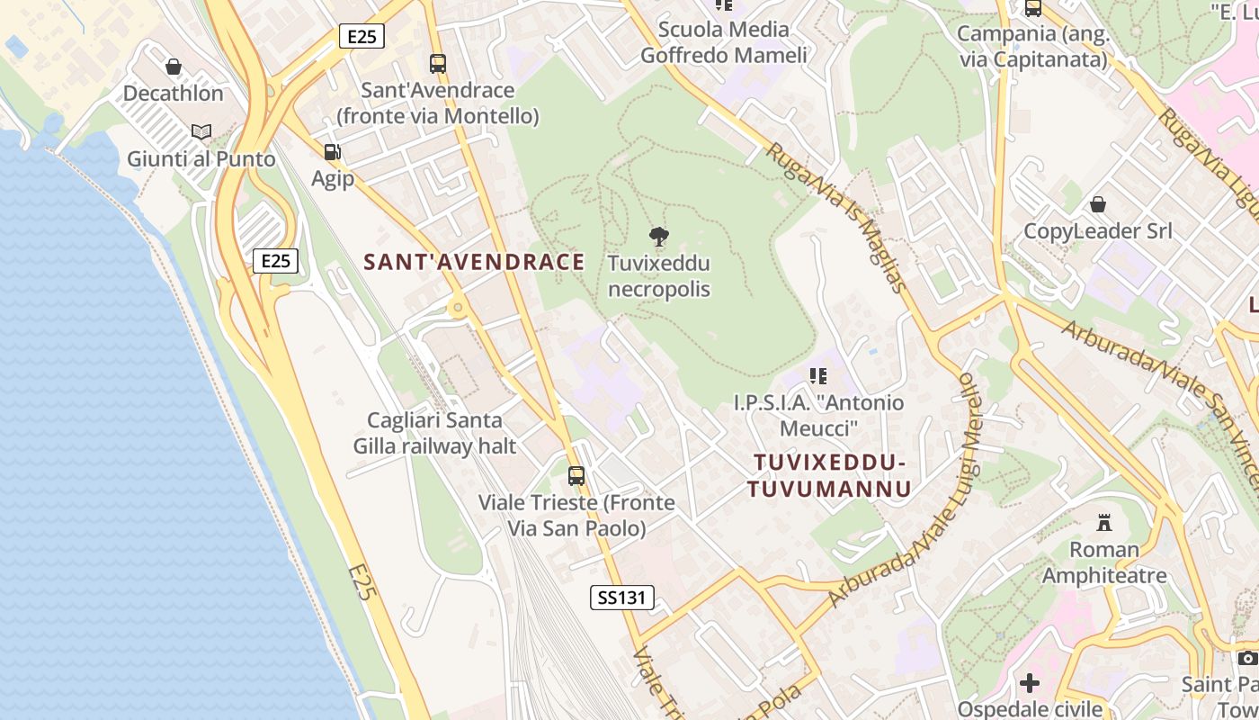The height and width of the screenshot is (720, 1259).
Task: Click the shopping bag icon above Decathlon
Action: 174,67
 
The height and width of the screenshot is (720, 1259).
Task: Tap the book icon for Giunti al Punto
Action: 201,132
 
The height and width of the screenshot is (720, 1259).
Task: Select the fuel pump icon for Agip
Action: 332,152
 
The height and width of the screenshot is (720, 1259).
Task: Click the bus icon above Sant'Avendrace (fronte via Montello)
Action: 438,64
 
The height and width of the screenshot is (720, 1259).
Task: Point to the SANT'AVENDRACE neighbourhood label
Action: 474,262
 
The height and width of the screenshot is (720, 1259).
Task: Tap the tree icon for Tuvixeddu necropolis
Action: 659,237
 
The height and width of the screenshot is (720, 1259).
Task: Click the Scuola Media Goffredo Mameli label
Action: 724,42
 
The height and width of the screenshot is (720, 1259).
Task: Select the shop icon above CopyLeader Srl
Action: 1097,204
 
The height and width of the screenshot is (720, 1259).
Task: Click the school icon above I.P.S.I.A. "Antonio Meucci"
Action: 817,375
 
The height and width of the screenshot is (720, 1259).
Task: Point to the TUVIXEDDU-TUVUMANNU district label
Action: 828,475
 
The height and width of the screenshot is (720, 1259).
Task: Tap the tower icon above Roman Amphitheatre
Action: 1103,522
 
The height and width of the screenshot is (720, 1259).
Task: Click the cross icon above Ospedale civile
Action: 1030,682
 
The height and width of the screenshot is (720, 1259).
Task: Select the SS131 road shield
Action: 621,597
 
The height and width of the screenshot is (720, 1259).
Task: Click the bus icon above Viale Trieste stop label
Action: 576,475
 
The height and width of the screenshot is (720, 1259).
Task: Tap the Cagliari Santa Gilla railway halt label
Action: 434,433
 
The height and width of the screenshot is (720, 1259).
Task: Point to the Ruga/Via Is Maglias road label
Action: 835,217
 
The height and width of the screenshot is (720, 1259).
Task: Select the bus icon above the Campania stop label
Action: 1032,8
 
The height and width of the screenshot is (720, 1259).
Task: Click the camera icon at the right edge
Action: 1247,658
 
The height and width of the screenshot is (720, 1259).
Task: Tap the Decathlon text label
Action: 173,93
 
